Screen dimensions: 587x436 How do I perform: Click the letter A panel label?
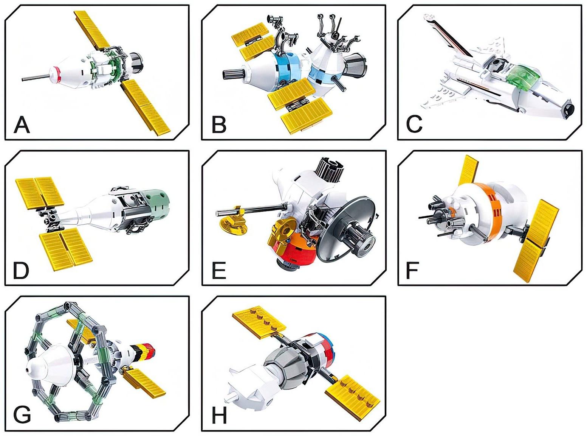point(22,125)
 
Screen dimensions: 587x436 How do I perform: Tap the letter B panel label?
point(219,125)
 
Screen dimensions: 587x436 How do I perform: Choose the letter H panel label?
point(219,416)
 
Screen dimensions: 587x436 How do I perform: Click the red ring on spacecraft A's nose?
point(58,75)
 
